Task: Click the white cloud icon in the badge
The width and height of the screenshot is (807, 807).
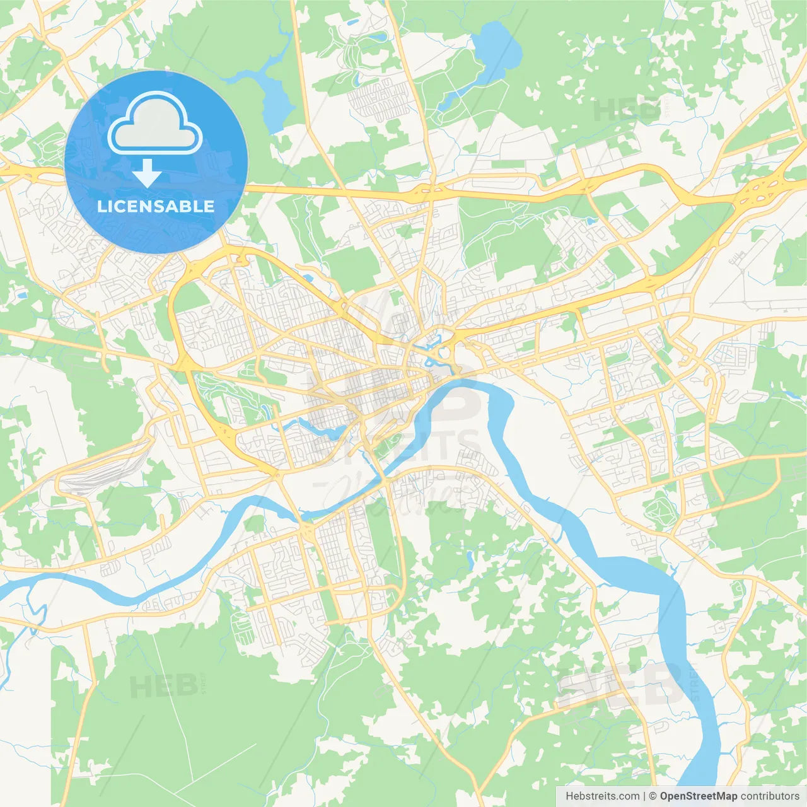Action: click(155, 123)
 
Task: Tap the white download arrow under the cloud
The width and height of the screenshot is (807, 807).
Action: click(147, 173)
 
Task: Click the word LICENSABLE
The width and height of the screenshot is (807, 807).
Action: click(156, 206)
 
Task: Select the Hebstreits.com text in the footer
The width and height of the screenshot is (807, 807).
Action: click(602, 796)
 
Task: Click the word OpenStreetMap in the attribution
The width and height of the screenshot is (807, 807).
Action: click(698, 796)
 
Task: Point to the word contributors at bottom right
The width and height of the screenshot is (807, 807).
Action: click(769, 796)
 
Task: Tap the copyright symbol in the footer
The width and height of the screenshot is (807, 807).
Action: click(653, 796)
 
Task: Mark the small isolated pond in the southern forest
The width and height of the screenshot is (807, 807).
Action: click(470, 559)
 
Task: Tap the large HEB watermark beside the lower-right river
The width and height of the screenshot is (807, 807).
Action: click(621, 684)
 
